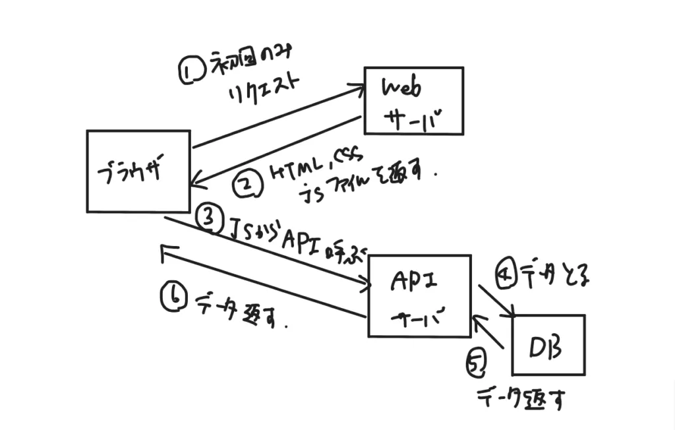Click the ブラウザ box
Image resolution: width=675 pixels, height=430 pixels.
[x=138, y=171]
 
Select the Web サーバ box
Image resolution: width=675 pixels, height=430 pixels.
[x=415, y=101]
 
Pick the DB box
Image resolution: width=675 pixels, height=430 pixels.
[x=548, y=345]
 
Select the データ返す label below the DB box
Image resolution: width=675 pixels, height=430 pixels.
[x=521, y=398]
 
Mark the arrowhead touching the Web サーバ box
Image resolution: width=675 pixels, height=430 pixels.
[x=359, y=90]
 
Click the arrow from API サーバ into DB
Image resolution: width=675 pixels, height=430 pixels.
[x=496, y=301]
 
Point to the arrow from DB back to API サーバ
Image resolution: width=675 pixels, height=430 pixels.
[x=488, y=332]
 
